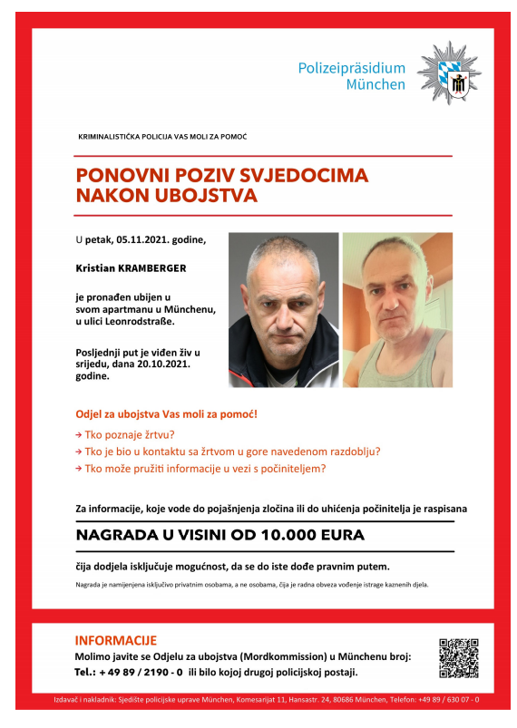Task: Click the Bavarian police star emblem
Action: coord(449,73)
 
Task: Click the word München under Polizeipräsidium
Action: coord(376,84)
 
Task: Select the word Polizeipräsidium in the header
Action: coord(352,67)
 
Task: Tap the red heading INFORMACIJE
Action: coord(115,640)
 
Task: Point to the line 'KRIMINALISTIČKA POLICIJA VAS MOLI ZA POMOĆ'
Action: coord(163,136)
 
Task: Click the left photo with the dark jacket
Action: coord(283,310)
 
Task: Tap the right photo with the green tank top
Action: coord(396,310)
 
